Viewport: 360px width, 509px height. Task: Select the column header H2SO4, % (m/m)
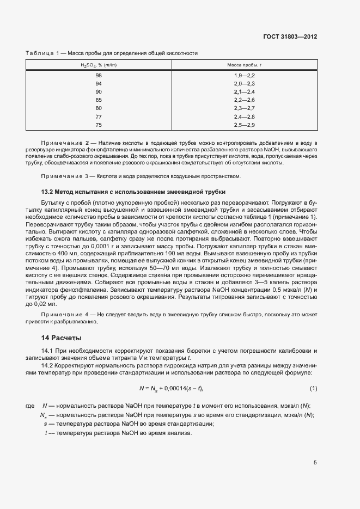(99, 65)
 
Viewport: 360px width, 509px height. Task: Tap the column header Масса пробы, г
(245, 65)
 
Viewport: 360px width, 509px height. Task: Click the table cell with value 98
(99, 75)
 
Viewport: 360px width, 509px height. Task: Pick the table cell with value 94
(99, 83)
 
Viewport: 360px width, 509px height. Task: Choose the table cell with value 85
(99, 100)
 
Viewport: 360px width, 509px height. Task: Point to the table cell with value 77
(99, 117)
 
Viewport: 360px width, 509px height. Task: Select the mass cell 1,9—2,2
(245, 75)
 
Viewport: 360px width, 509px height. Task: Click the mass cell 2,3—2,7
(245, 108)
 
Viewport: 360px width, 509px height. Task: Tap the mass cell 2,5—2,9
(245, 125)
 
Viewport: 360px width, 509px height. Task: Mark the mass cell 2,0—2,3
(245, 83)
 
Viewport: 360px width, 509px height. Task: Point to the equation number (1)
(313, 388)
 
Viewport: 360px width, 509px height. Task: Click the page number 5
(315, 463)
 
